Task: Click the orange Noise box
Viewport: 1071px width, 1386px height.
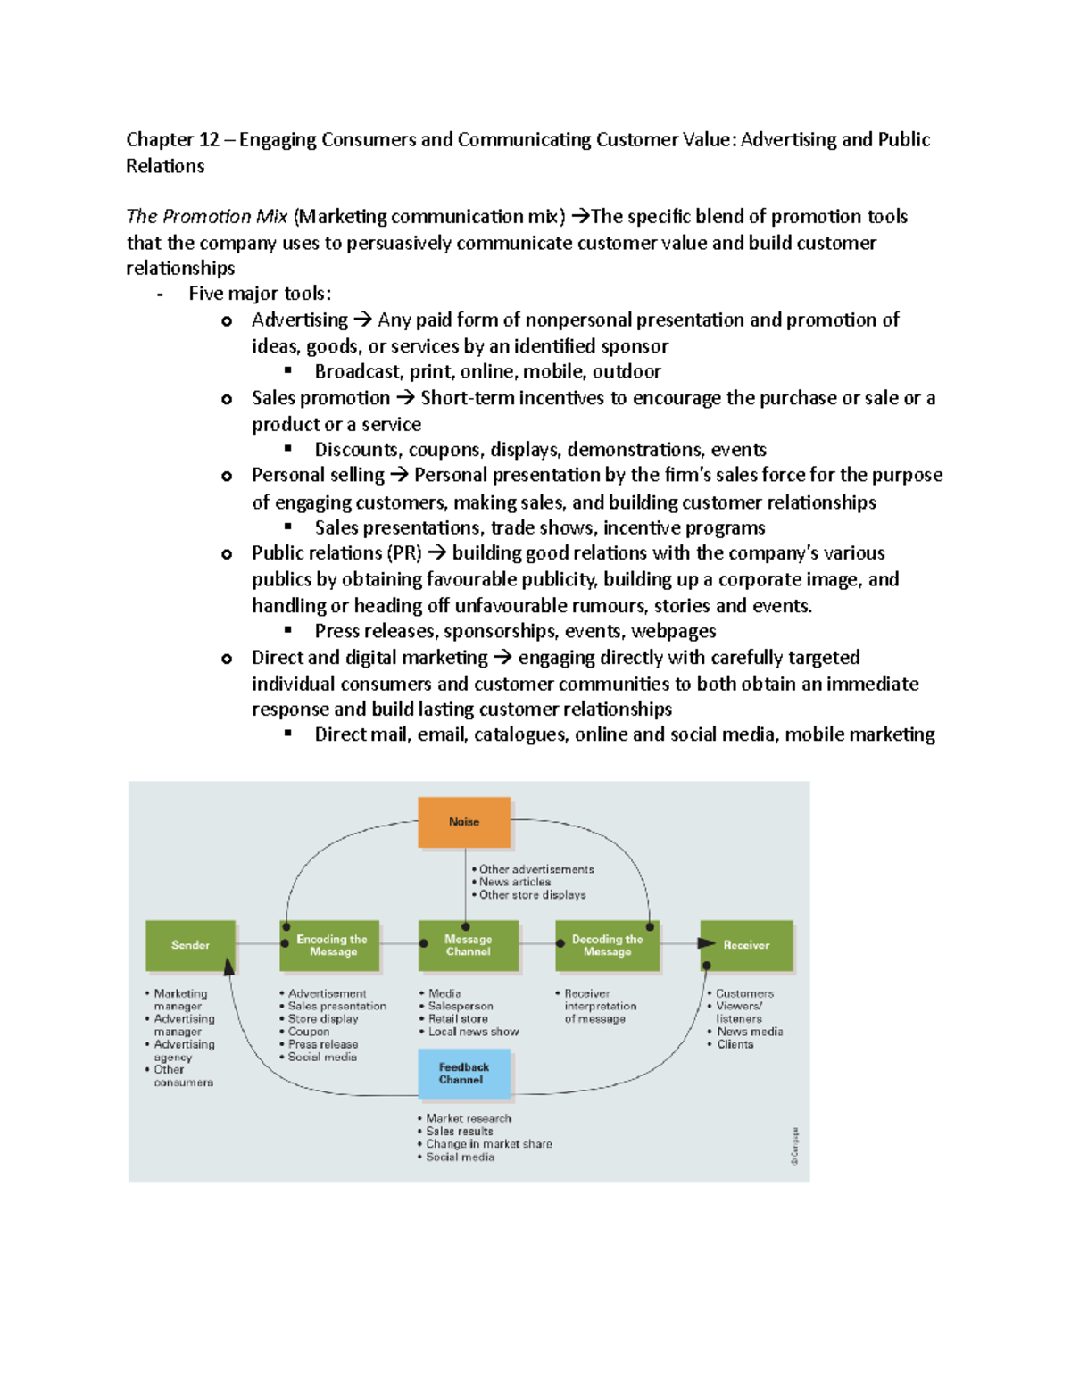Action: (464, 822)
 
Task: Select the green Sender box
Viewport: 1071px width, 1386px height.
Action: (190, 945)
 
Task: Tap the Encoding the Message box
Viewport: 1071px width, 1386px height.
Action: (332, 945)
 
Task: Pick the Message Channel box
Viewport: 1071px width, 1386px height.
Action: (468, 945)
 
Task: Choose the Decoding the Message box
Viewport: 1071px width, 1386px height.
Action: (607, 945)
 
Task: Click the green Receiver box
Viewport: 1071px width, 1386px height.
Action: (746, 945)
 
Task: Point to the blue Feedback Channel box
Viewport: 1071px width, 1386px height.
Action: (464, 1073)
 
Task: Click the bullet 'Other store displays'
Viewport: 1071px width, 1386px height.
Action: (532, 895)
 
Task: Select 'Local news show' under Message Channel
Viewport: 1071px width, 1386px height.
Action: (473, 1032)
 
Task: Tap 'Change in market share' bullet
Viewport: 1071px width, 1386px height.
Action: (488, 1144)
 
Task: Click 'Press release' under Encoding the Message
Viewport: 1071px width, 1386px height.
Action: (322, 1044)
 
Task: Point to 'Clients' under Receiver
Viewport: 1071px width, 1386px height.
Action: (735, 1044)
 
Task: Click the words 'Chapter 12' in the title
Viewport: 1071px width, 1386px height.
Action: (172, 140)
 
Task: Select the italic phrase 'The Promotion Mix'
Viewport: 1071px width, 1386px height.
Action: (207, 217)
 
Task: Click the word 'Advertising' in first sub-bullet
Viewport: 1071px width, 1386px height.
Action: (300, 320)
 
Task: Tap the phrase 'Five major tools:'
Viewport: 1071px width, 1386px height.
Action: (260, 294)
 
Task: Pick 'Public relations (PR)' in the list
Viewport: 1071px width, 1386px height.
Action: (336, 553)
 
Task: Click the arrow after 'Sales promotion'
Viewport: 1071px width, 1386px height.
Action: (405, 399)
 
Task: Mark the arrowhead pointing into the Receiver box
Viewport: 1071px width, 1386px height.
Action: (707, 943)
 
